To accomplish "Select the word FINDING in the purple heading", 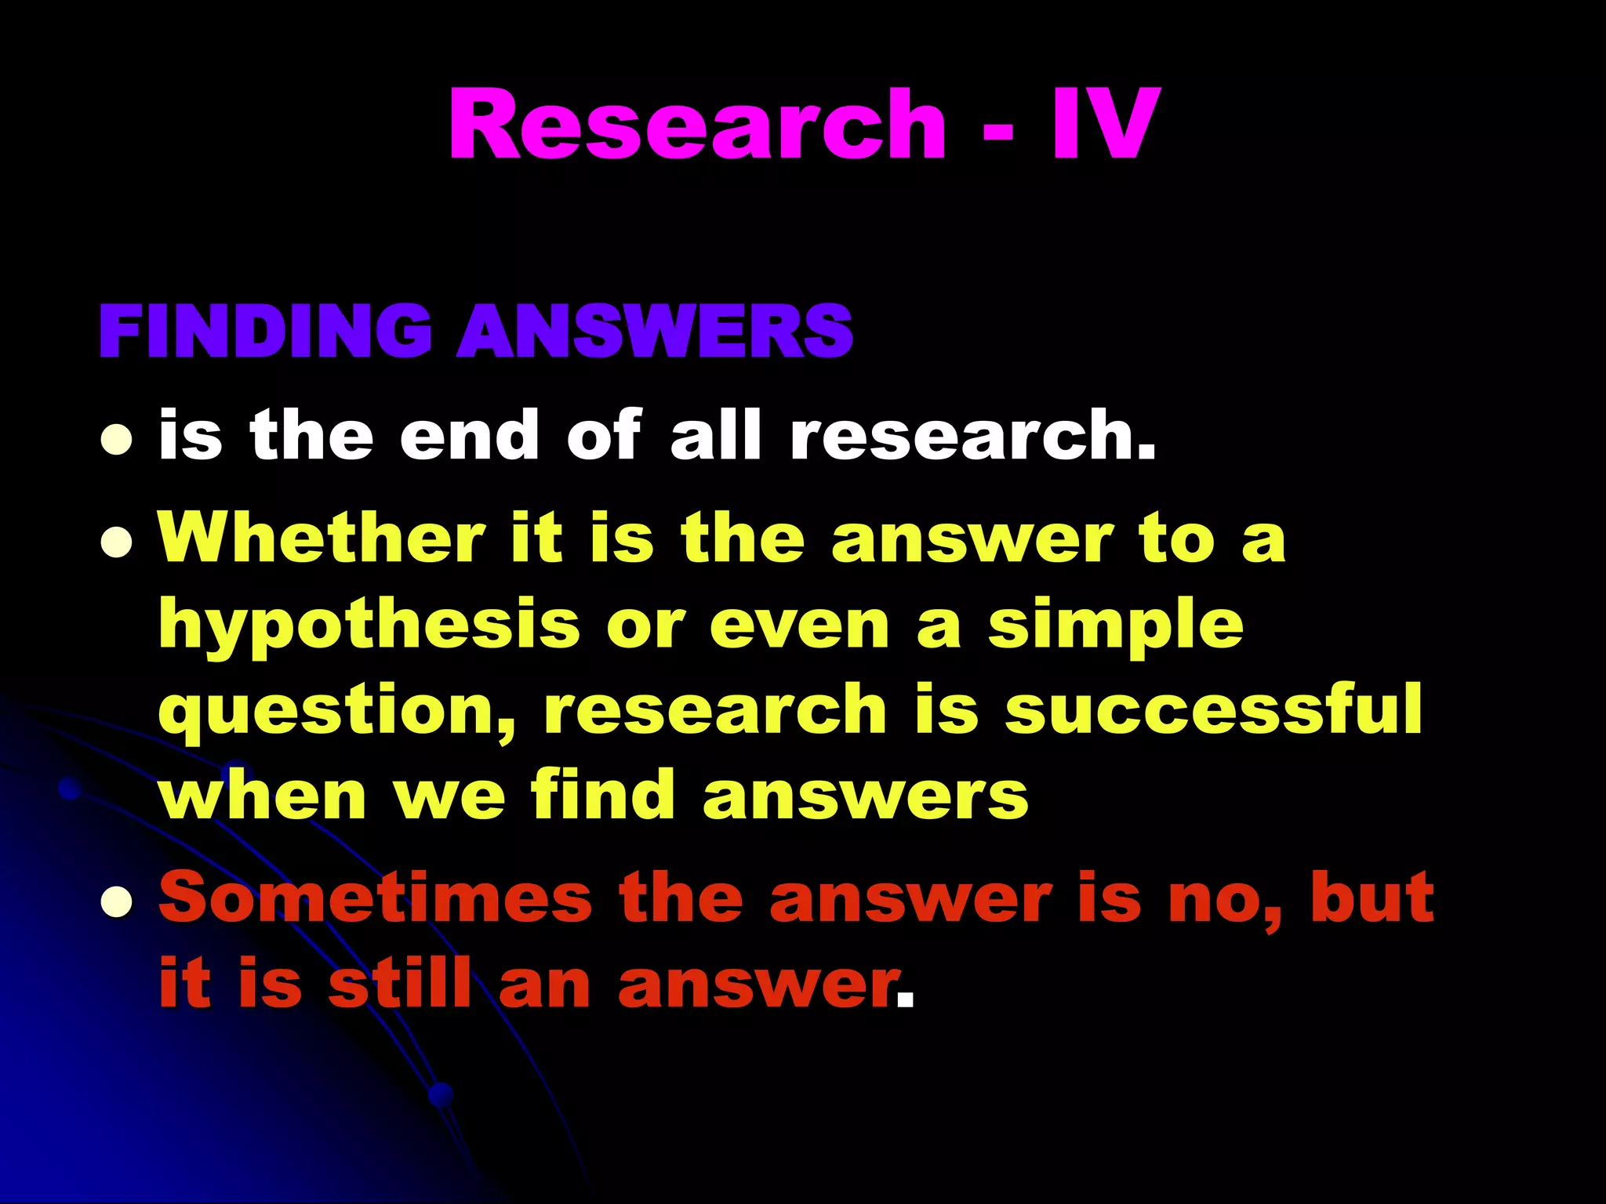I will (265, 332).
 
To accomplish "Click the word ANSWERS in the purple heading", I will (656, 332).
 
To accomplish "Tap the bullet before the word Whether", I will (116, 542).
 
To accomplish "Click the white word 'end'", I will (469, 436).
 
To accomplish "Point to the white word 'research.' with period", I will (972, 436).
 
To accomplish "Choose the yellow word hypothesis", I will (369, 627).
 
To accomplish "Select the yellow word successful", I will (1212, 709).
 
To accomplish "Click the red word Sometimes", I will (375, 898).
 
